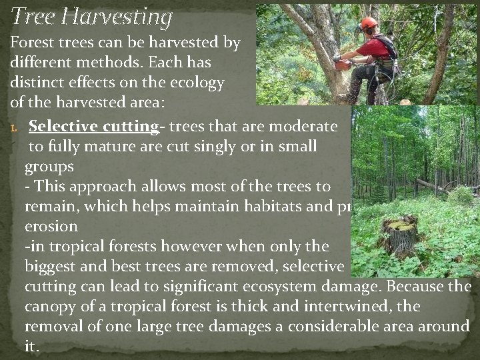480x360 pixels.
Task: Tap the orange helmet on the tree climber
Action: (x=369, y=23)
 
